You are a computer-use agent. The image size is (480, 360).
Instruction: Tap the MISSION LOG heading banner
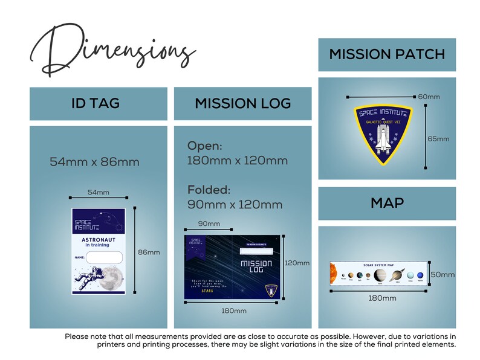pos(242,104)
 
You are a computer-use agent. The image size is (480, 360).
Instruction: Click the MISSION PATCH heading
pos(387,54)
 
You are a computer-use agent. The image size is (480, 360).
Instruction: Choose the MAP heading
pos(387,203)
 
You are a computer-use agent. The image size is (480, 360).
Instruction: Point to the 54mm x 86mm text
pos(94,162)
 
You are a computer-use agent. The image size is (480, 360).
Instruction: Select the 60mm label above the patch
pos(429,97)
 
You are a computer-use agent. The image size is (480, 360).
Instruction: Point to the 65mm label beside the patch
pos(438,138)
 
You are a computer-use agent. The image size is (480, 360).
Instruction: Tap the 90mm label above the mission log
pos(209,224)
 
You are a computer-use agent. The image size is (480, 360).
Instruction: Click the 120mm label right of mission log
pos(297,263)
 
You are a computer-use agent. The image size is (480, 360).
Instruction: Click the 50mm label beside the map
pos(443,275)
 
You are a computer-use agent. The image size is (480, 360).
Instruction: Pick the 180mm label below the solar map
pos(382,298)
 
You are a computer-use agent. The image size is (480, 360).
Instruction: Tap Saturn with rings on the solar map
pos(397,275)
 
